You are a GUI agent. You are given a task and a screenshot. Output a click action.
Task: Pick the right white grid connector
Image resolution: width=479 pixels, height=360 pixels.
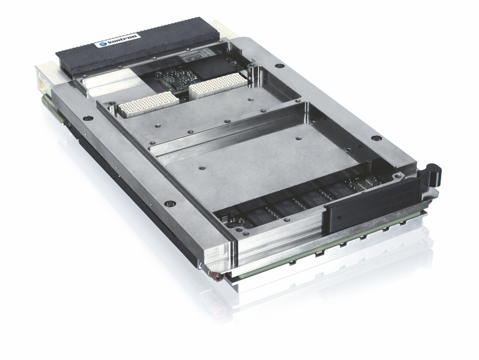pyautogui.click(x=218, y=86)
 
